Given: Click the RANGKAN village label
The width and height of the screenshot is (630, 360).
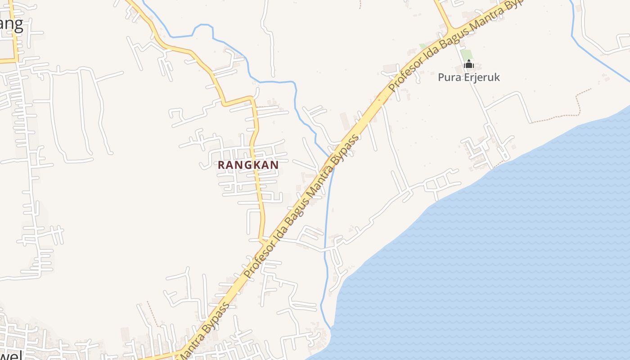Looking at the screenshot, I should click(248, 165).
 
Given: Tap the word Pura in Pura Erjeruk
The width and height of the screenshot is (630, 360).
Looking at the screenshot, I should click(448, 77).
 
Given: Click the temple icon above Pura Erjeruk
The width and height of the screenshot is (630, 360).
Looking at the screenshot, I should click(469, 64).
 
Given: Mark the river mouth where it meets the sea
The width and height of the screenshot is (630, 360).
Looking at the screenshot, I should click(330, 328).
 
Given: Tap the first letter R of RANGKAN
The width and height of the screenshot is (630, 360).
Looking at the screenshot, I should click(221, 165).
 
